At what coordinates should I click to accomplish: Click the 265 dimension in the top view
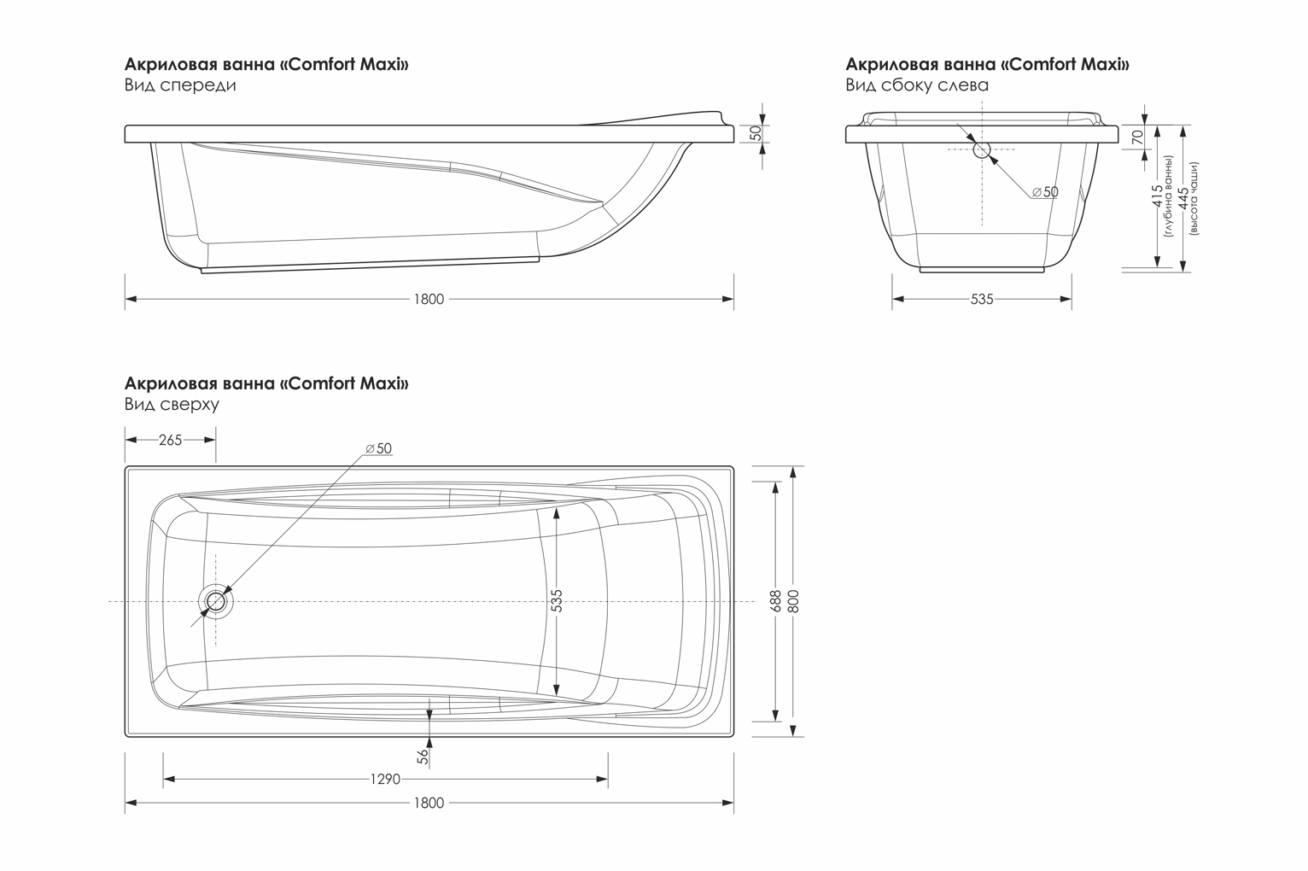171,440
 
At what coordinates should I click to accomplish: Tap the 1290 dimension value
385,780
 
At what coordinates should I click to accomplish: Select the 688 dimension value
775,601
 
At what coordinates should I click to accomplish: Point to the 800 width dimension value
793,601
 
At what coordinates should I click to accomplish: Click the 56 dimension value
423,757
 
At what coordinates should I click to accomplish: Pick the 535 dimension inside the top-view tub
557,600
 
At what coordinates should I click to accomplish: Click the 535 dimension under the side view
982,299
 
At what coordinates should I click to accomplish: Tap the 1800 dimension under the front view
429,299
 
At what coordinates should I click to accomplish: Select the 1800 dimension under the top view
429,804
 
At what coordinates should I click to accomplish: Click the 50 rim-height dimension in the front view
756,133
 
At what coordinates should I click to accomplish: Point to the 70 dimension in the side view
1137,137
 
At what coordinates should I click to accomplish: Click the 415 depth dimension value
1157,196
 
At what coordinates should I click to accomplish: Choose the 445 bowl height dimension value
1182,198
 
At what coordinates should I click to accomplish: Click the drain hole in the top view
216,601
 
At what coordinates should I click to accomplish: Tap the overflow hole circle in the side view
982,149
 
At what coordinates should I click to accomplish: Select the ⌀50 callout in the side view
1045,191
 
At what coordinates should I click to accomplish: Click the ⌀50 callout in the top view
378,448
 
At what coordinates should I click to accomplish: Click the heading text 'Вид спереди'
180,85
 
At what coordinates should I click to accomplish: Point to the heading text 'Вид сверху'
172,404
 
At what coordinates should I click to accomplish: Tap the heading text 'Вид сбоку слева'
917,85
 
